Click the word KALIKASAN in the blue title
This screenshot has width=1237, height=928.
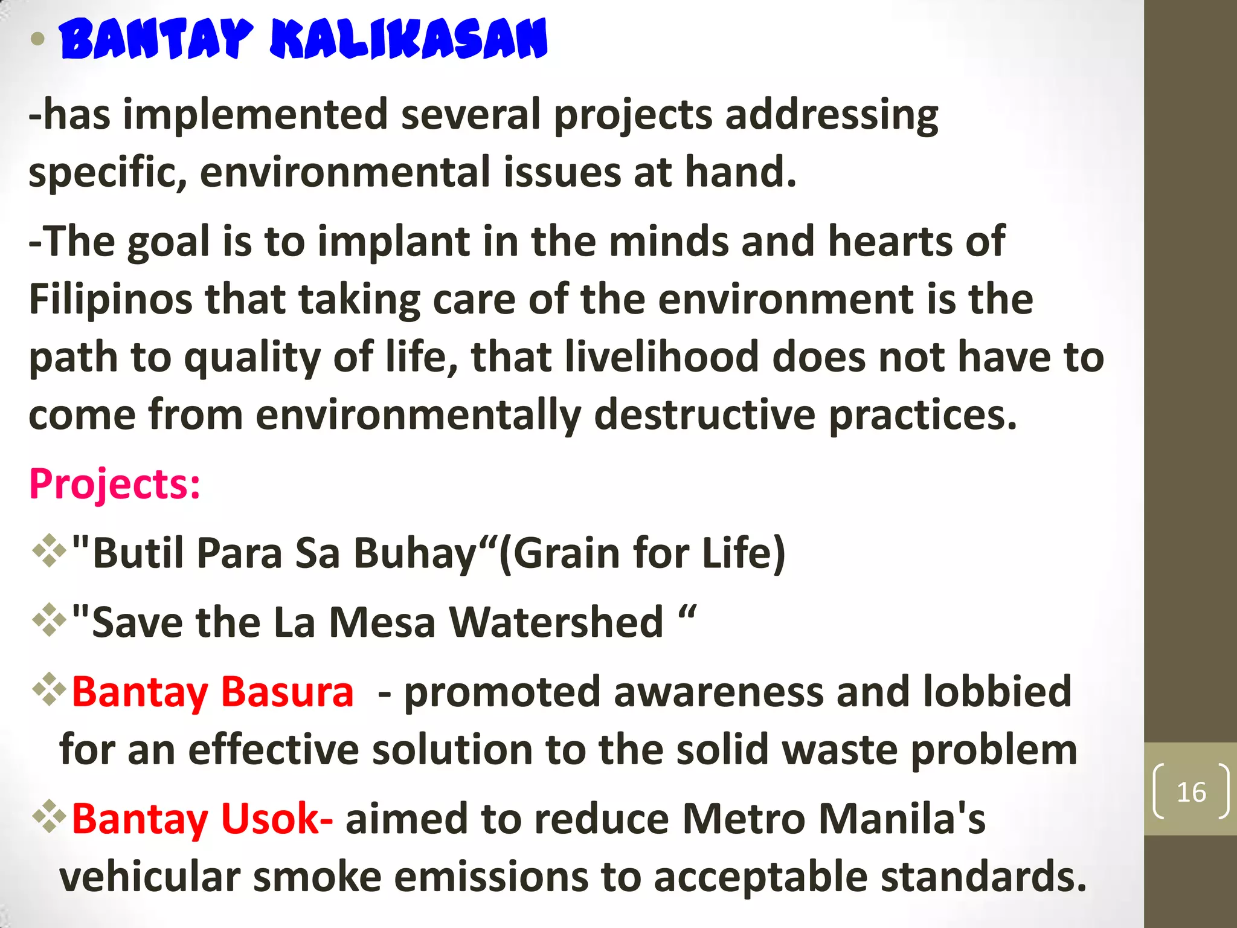coord(408,40)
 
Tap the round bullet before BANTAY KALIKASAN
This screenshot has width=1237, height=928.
coord(37,40)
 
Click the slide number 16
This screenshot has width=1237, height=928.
coord(1191,792)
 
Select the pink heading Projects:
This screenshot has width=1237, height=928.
coord(115,484)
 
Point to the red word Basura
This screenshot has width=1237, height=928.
coord(287,692)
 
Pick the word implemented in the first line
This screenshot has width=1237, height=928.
coord(255,115)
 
